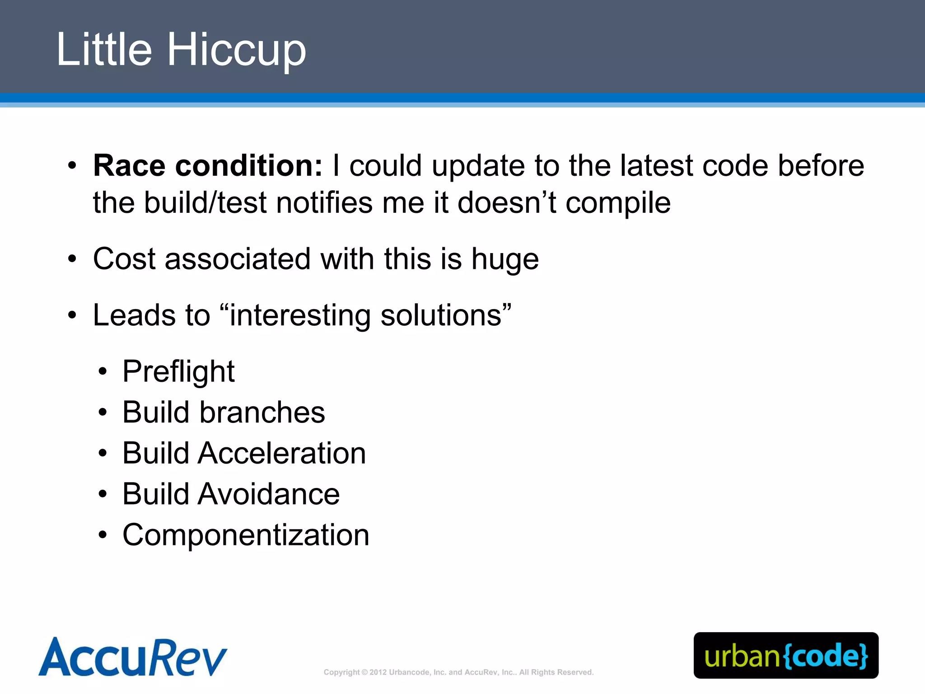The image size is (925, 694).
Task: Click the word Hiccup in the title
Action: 237,51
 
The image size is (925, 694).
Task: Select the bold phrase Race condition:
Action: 208,165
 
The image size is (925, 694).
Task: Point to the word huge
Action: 505,260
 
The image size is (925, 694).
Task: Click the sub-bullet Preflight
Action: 178,372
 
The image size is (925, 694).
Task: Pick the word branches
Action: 262,412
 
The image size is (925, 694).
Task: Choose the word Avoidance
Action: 268,494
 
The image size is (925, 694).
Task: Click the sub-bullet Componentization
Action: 246,535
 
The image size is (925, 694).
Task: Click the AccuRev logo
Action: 132,657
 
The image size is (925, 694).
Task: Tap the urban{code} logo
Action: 786,656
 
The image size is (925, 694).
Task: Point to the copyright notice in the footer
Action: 458,672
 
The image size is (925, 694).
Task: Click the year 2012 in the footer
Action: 378,672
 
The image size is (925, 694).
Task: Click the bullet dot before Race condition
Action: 72,166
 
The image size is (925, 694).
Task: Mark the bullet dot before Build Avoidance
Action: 103,494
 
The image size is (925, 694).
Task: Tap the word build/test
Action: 206,202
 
